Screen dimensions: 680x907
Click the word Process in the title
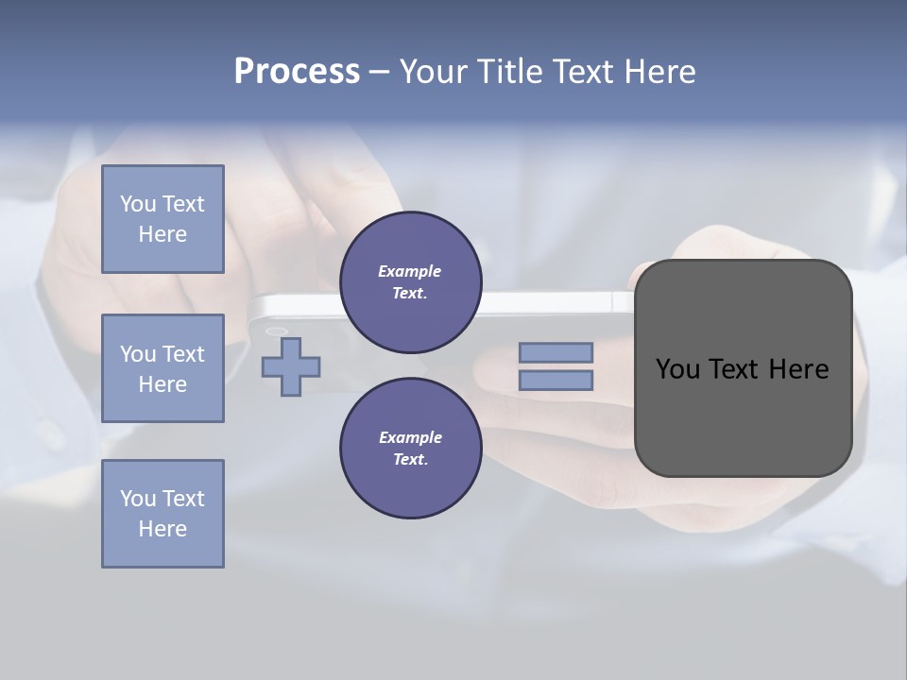pyautogui.click(x=297, y=72)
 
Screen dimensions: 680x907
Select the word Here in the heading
pyautogui.click(x=658, y=72)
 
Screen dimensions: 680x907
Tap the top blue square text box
pyautogui.click(x=163, y=219)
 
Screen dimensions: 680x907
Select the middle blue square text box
pyautogui.click(x=163, y=368)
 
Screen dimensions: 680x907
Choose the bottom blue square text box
pyautogui.click(x=163, y=514)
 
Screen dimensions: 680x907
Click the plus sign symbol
pyautogui.click(x=291, y=366)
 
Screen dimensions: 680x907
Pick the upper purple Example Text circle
pyautogui.click(x=410, y=282)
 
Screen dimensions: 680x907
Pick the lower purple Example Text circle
pyautogui.click(x=410, y=449)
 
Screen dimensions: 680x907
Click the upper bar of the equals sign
pyautogui.click(x=556, y=352)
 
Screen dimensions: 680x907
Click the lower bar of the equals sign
pyautogui.click(x=556, y=381)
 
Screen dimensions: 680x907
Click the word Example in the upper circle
pyautogui.click(x=410, y=272)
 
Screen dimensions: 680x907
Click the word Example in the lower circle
pyautogui.click(x=410, y=438)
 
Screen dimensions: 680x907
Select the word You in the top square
pyautogui.click(x=138, y=204)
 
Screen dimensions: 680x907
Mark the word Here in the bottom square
pyautogui.click(x=163, y=529)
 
